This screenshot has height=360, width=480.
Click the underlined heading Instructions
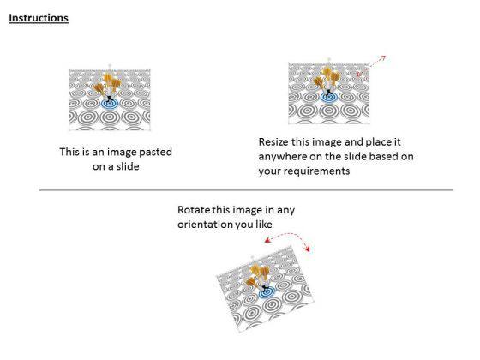tap(39, 18)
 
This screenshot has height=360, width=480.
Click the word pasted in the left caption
tap(155, 153)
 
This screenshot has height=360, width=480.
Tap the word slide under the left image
tap(128, 166)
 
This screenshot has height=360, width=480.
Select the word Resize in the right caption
tap(273, 142)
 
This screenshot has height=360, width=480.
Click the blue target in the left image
tap(110, 104)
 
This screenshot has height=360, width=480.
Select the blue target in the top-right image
tap(329, 98)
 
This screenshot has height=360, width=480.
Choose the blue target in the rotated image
tap(267, 293)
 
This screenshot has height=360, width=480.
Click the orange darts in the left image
tap(106, 85)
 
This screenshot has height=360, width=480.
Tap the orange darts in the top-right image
tap(327, 78)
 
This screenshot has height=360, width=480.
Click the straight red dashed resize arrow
tap(371, 65)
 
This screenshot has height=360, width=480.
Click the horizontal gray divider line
tap(246, 190)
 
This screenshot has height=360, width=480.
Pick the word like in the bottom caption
tap(264, 225)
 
